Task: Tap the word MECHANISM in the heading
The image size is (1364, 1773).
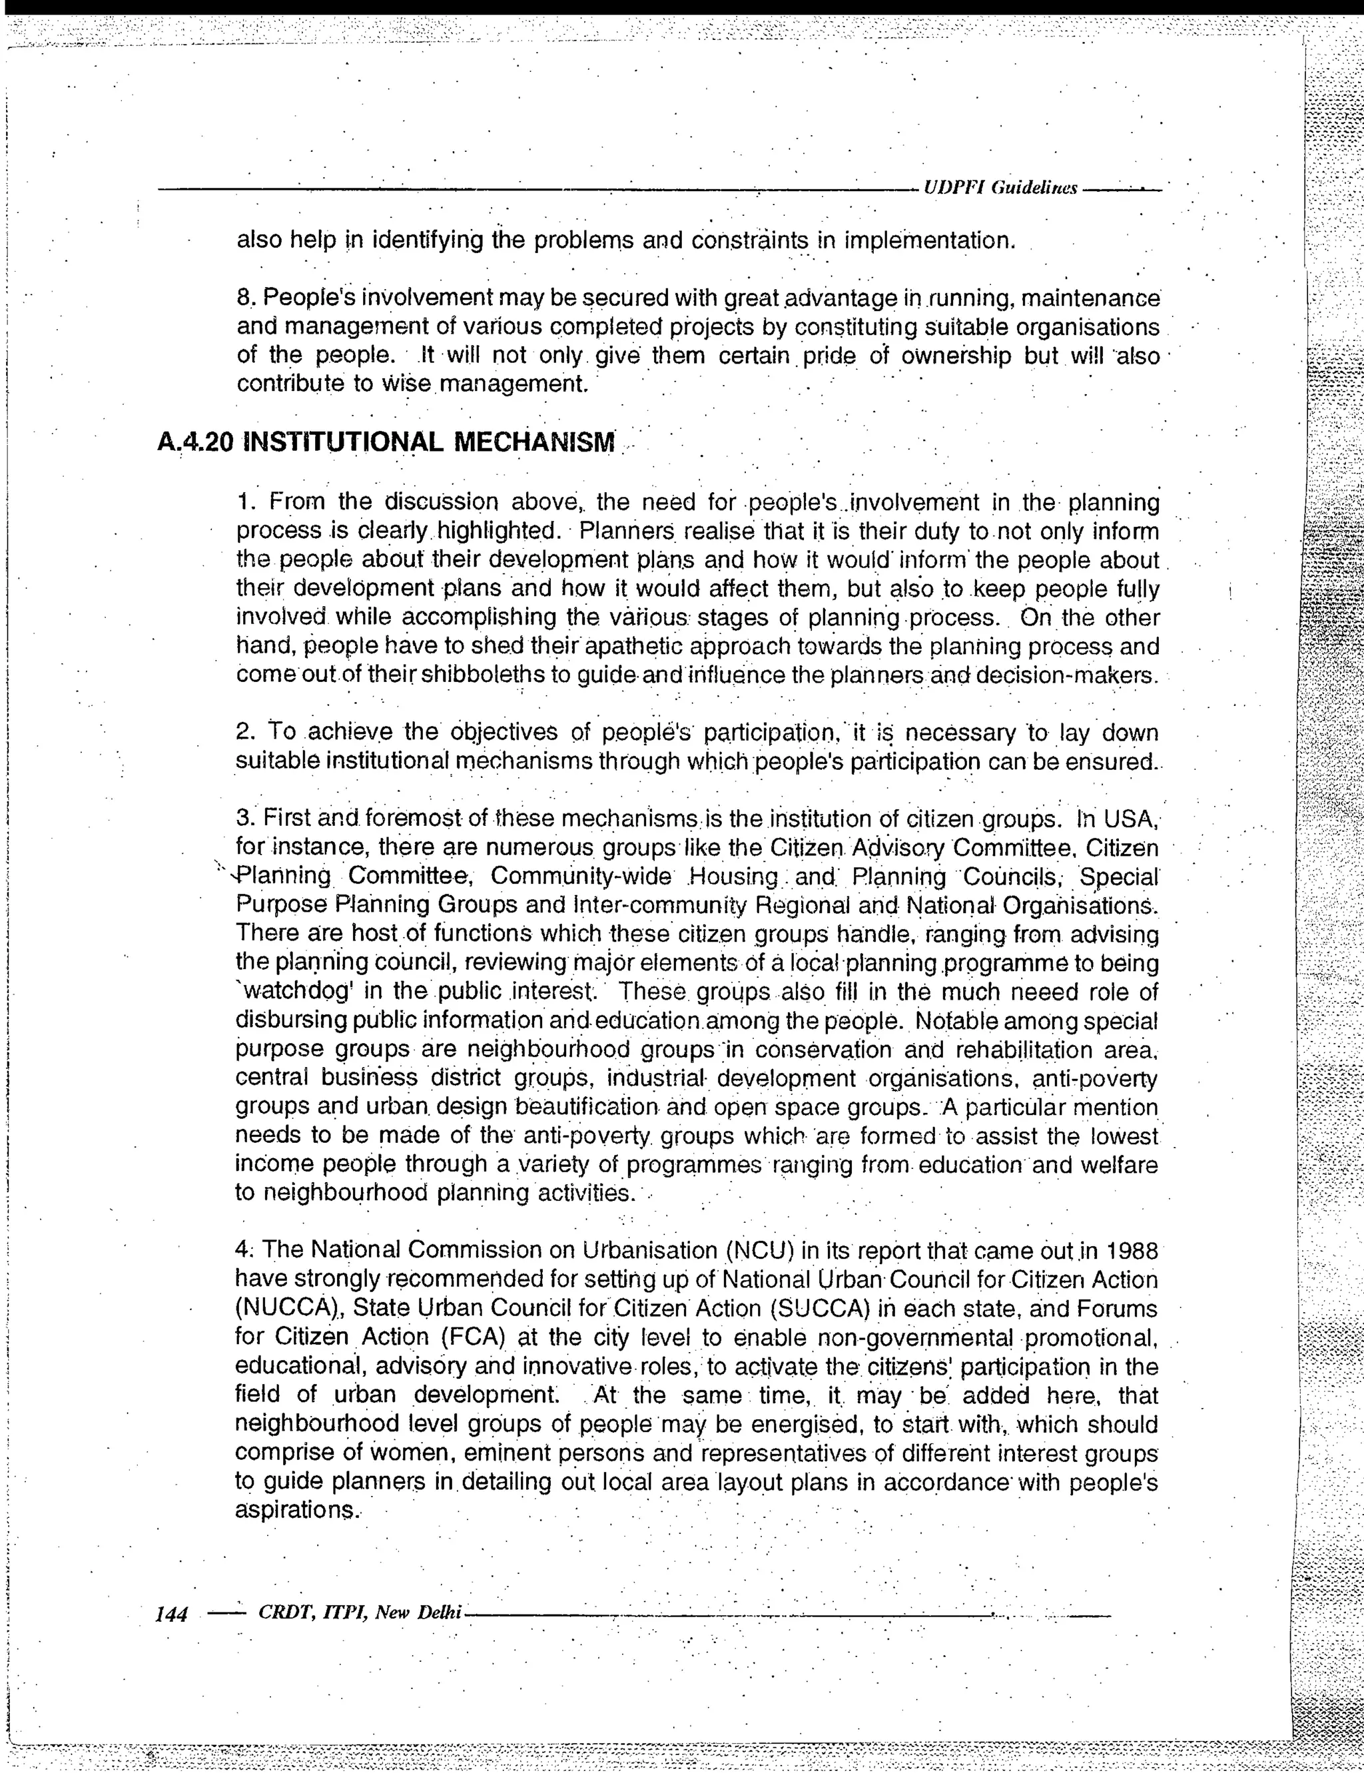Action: [533, 442]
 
